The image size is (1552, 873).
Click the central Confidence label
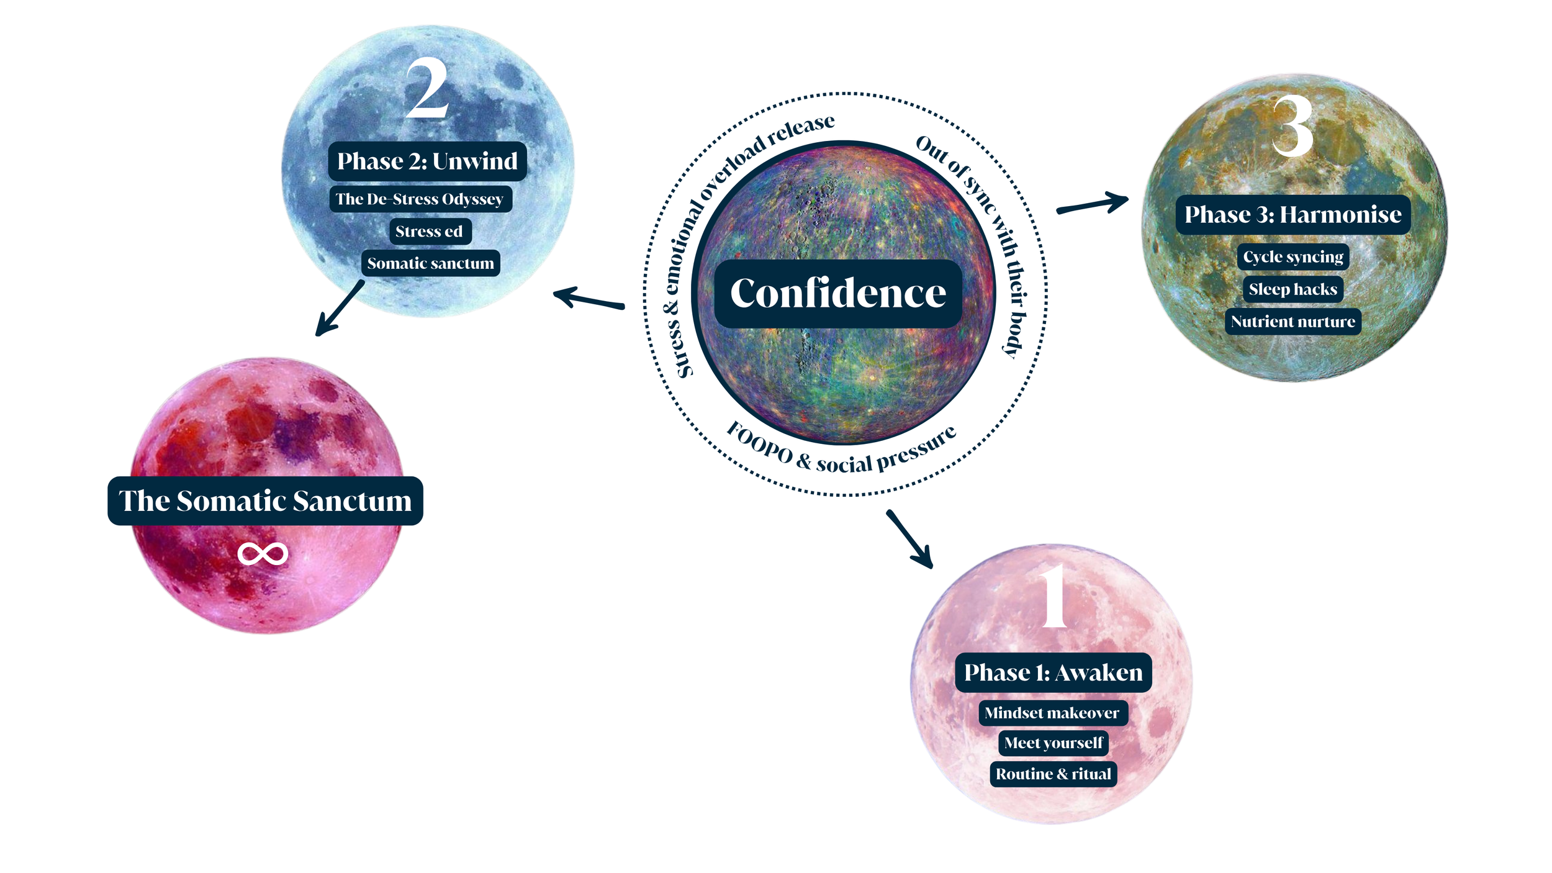click(838, 293)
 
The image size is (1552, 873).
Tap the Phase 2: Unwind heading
click(427, 161)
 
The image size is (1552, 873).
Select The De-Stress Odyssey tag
click(420, 199)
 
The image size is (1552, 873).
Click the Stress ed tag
click(429, 232)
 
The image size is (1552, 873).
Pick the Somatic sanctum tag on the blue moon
click(430, 263)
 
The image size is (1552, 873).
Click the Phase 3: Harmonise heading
click(1293, 215)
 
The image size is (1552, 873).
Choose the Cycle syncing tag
click(1293, 257)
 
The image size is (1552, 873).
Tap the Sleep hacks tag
click(1293, 289)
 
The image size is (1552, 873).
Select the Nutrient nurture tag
click(1293, 322)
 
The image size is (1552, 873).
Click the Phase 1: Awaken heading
click(1053, 672)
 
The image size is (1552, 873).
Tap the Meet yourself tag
click(1053, 743)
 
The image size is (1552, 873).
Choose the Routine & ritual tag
click(1053, 774)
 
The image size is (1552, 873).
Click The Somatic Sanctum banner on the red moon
click(265, 501)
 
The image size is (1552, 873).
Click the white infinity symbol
click(263, 554)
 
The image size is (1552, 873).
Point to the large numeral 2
click(427, 88)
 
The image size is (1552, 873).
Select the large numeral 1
click(1053, 597)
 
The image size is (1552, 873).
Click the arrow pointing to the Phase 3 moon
click(1093, 204)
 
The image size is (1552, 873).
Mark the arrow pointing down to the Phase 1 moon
click(910, 538)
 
